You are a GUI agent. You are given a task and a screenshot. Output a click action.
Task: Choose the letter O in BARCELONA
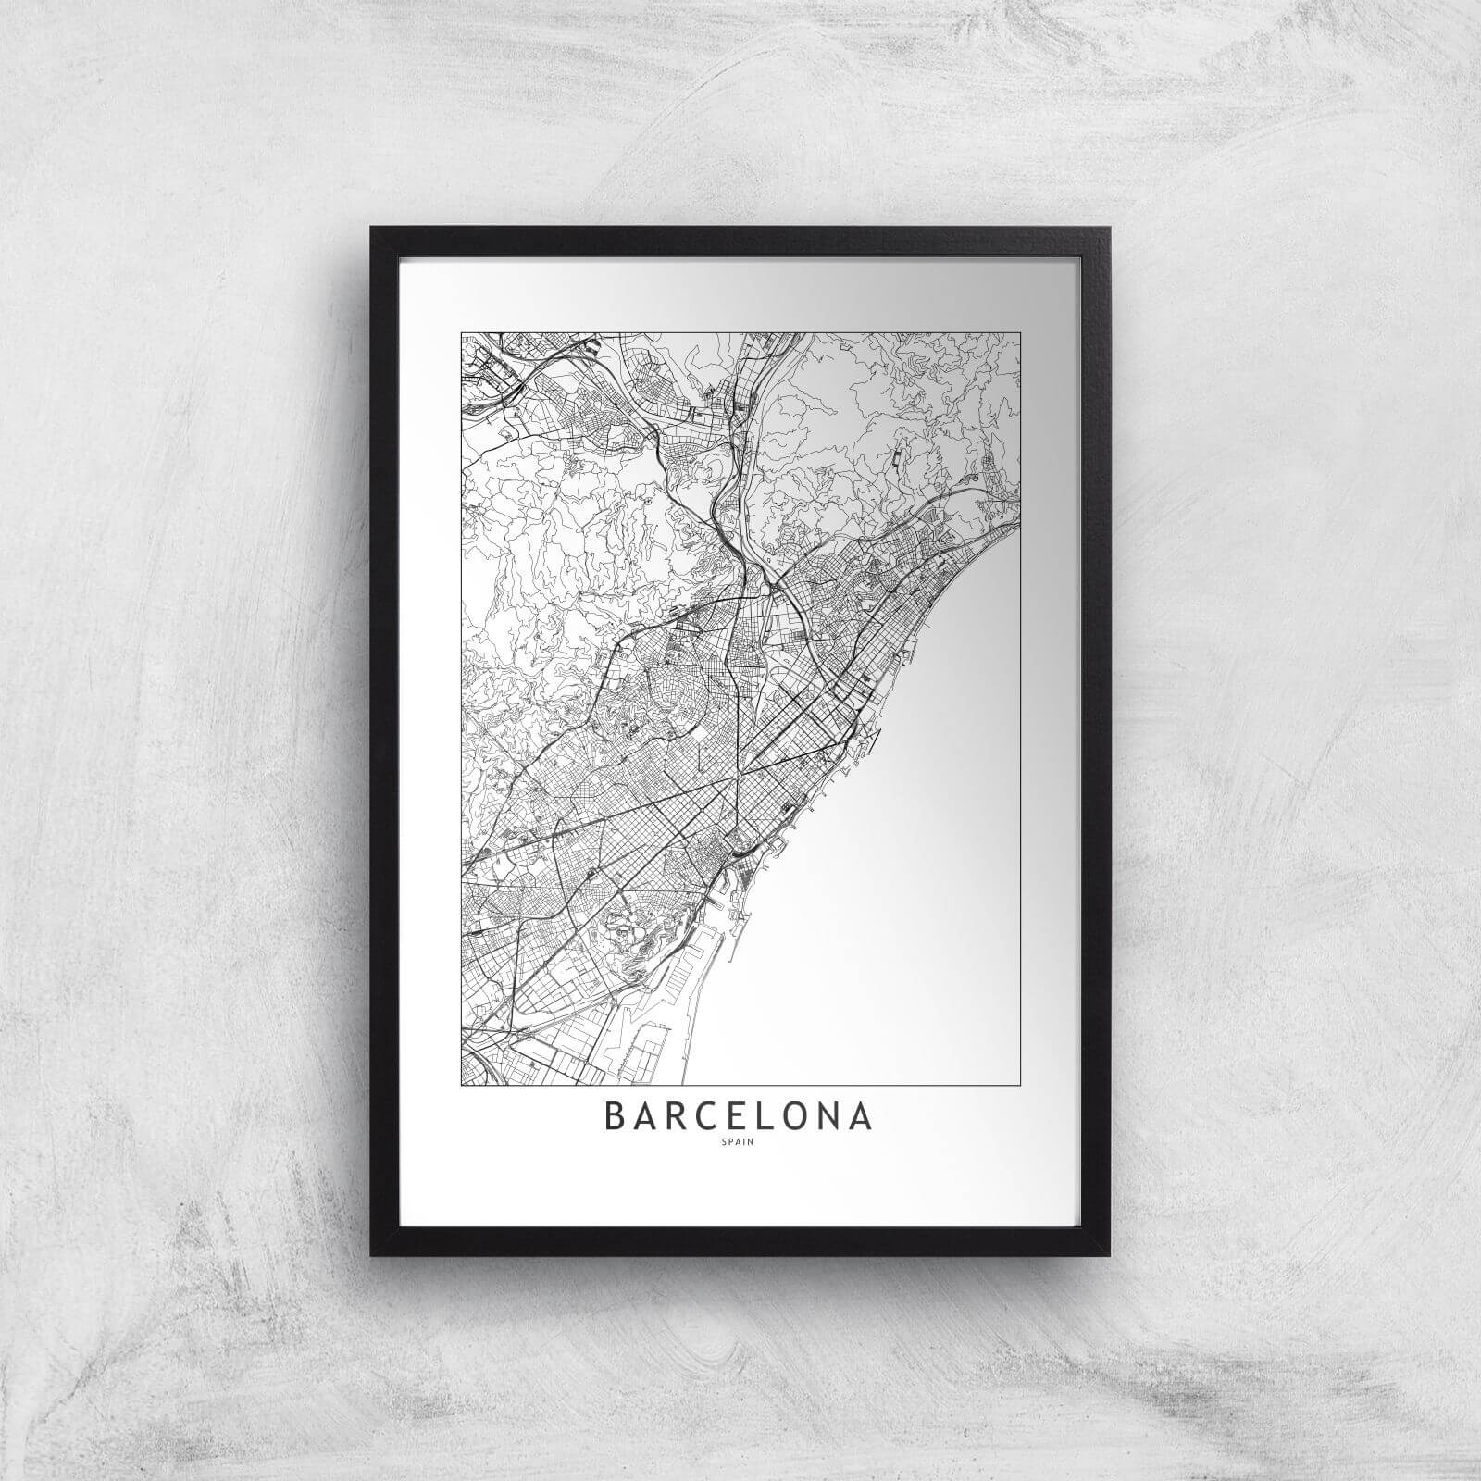pos(798,1115)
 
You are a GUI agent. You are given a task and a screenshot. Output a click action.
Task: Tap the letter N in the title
pos(832,1115)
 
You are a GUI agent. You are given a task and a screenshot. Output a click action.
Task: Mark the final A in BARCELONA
pos(863,1115)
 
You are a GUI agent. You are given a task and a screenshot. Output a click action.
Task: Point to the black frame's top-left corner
pos(372,228)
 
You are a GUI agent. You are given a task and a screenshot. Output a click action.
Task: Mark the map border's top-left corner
pos(461,333)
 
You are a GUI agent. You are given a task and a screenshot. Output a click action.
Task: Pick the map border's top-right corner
pos(1020,333)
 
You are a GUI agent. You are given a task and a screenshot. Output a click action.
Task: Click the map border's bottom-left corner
pos(461,1084)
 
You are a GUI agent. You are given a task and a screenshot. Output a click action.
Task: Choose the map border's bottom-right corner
pos(1020,1084)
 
